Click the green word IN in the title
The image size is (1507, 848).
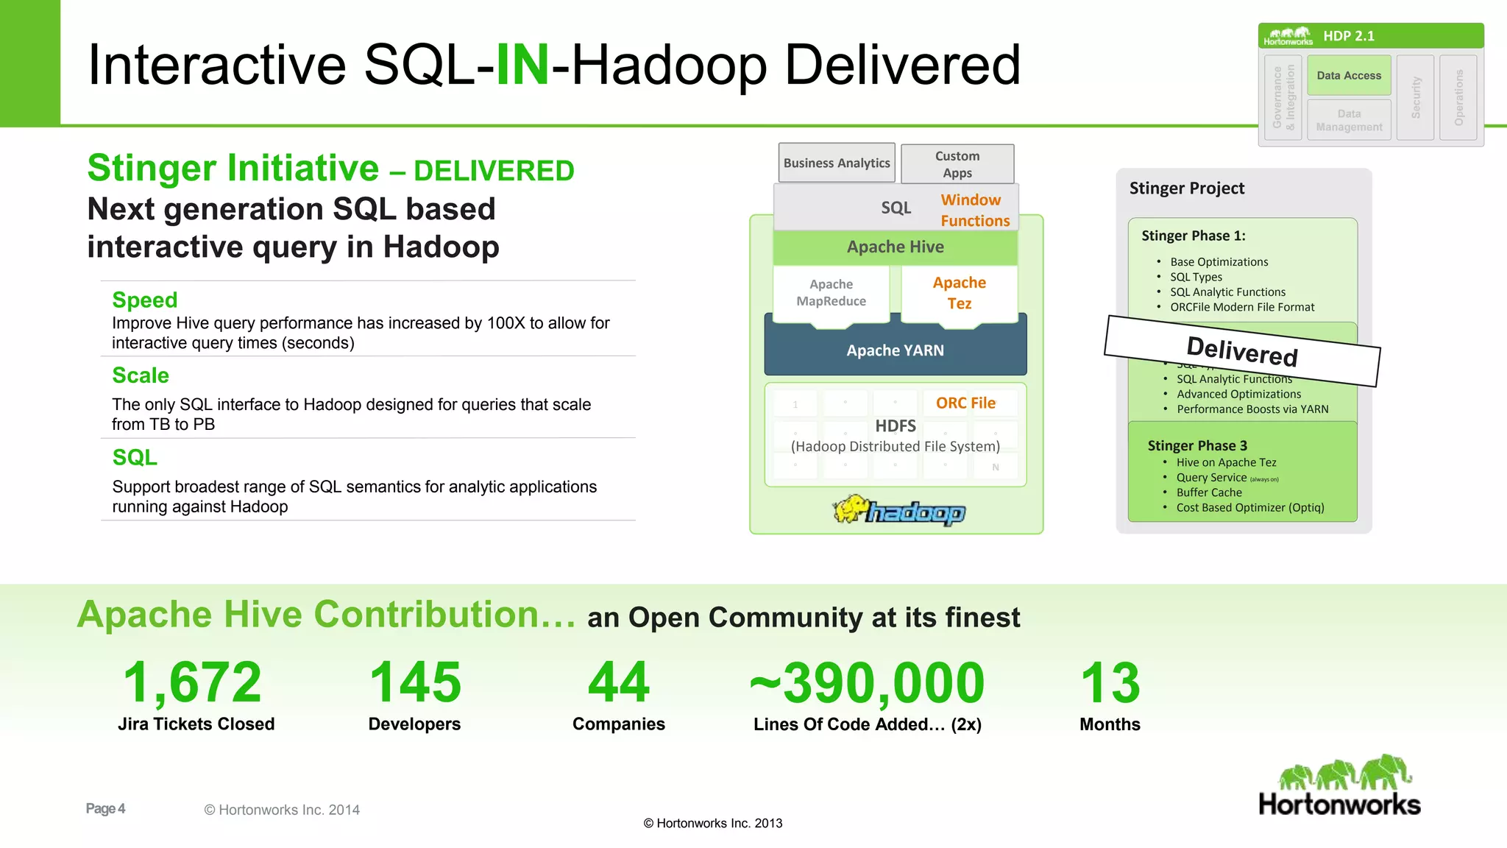(x=522, y=65)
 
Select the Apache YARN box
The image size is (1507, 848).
(x=895, y=350)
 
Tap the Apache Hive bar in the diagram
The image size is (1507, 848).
(x=895, y=247)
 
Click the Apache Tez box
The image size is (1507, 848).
(x=959, y=293)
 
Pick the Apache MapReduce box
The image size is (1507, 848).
(x=831, y=293)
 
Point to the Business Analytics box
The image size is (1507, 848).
(x=837, y=163)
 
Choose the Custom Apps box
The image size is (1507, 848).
(x=957, y=164)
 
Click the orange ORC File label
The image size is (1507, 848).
(x=965, y=403)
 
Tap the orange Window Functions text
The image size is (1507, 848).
(x=974, y=211)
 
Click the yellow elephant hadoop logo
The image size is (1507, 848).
(x=898, y=509)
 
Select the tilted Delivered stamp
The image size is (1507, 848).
(x=1242, y=351)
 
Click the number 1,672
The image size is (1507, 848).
(x=192, y=682)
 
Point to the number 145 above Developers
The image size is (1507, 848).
(x=415, y=682)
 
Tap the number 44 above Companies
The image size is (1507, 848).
(x=619, y=682)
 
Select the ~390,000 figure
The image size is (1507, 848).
(x=867, y=682)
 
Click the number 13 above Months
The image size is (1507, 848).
(x=1110, y=682)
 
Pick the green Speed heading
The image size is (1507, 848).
(x=145, y=300)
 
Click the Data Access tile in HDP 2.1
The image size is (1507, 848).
(x=1349, y=76)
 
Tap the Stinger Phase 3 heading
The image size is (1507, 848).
(x=1197, y=445)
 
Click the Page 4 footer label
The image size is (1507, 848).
(x=105, y=809)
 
